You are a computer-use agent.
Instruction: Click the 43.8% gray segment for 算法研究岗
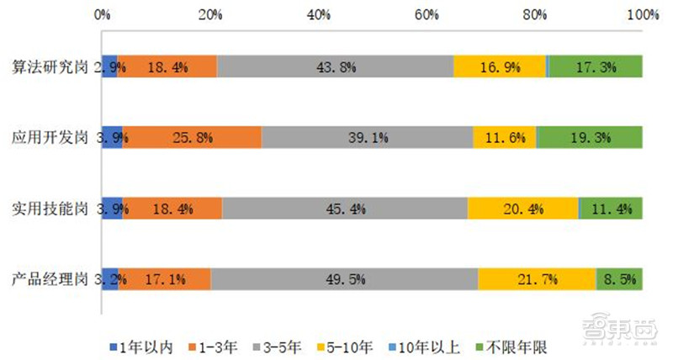click(x=335, y=66)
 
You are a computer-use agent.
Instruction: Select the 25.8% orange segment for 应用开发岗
click(x=192, y=136)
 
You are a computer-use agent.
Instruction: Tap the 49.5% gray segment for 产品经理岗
click(x=344, y=278)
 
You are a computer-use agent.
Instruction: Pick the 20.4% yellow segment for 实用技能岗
click(x=522, y=208)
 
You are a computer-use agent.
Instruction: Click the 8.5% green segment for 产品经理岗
click(x=620, y=278)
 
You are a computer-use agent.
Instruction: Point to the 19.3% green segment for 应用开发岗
click(x=590, y=136)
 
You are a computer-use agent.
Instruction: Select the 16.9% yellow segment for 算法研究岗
click(x=500, y=66)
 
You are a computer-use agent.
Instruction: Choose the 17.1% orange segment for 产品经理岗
click(x=164, y=278)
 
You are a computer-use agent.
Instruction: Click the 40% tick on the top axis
click(x=318, y=14)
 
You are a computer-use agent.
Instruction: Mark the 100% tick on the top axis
click(x=644, y=14)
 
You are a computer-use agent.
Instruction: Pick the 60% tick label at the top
click(x=427, y=14)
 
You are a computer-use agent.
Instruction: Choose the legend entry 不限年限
click(x=509, y=345)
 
